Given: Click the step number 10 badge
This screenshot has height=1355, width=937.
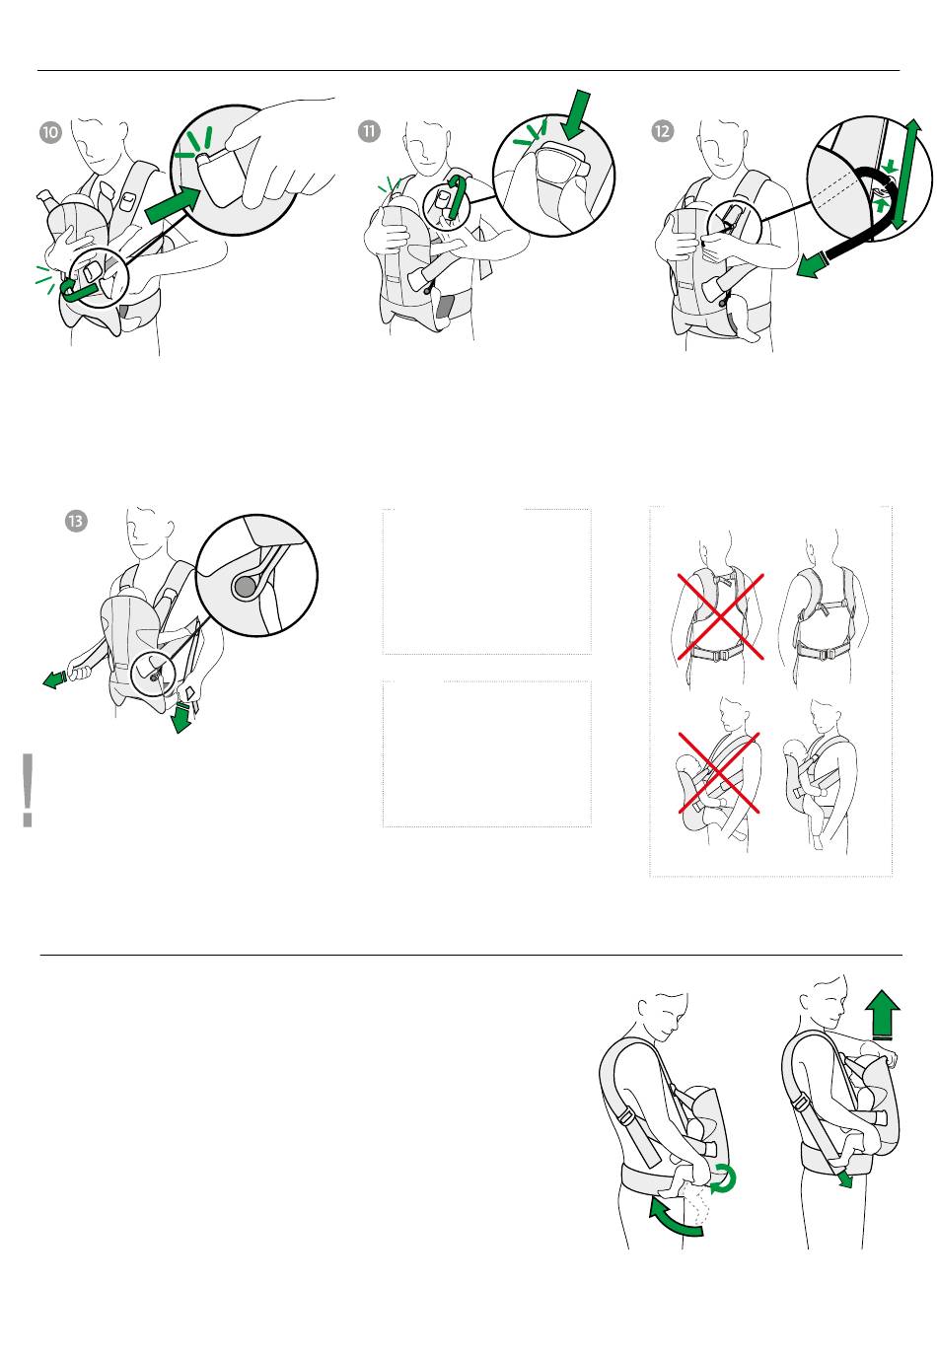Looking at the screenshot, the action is pos(51,132).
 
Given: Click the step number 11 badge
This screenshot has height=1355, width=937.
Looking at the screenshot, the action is pos(369,131).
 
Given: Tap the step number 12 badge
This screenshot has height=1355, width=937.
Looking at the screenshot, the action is pos(663,130).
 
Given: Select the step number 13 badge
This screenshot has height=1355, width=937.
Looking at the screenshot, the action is pos(76,521).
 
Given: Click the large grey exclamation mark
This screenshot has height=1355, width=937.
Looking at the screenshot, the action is pos(28,789).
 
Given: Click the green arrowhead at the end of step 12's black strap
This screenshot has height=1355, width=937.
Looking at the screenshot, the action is pos(811,265).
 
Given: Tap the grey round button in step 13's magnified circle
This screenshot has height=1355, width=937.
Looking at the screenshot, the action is pos(245,586).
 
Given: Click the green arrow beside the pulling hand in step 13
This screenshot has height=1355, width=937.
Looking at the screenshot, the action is pos(54,679).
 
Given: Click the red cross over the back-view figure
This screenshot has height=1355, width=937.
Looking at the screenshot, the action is pos(720,616).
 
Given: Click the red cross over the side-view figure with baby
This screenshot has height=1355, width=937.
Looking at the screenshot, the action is pos(719,774).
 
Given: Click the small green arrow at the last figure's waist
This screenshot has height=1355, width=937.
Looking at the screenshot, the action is pos(844,1178).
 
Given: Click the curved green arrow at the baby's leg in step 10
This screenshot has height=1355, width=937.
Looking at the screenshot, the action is pos(76,289).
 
